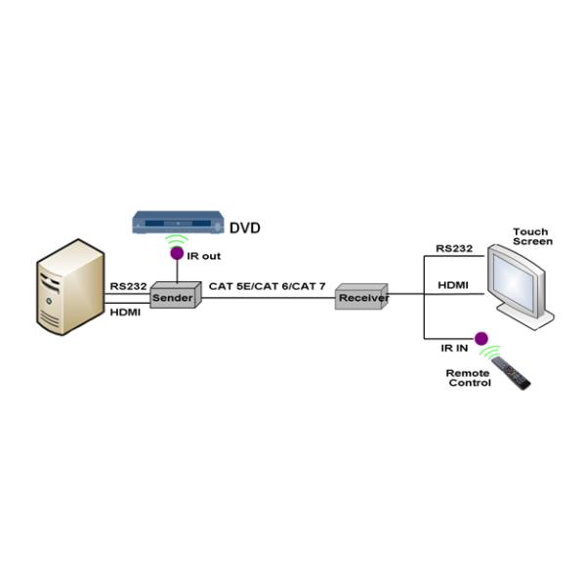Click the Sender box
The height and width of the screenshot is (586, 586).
[x=174, y=297]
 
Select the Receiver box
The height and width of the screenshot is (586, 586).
[x=361, y=297]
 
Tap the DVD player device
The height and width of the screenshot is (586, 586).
[x=177, y=223]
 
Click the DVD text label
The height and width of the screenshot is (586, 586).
[x=245, y=229]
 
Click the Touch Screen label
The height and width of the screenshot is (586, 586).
[x=532, y=236]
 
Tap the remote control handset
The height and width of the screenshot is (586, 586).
[x=511, y=372]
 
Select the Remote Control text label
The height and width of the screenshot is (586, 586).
[x=469, y=378]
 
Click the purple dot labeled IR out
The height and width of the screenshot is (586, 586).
[x=177, y=254]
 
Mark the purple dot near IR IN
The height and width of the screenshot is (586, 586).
[x=481, y=339]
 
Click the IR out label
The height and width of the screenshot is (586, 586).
[x=205, y=256]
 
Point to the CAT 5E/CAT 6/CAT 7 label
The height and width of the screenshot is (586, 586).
[x=267, y=287]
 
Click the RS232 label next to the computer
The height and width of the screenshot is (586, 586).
[x=128, y=286]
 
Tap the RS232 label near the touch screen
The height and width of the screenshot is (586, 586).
[x=454, y=249]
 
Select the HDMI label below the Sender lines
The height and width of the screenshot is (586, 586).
[x=126, y=312]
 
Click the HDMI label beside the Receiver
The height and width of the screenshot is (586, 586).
[x=452, y=285]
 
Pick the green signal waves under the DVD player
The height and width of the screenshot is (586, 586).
[x=177, y=240]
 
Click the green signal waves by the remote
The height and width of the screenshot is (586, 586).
[x=491, y=351]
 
